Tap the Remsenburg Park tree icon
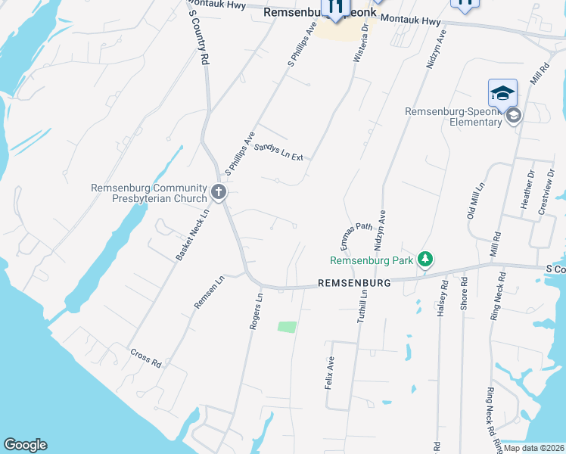coord(425,260)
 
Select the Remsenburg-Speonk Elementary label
coord(453,117)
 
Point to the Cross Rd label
coord(146,358)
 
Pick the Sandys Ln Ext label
coord(278,152)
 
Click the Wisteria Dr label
coord(360,40)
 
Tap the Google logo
coord(25,445)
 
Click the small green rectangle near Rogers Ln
coord(287,327)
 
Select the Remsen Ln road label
coord(210,292)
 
